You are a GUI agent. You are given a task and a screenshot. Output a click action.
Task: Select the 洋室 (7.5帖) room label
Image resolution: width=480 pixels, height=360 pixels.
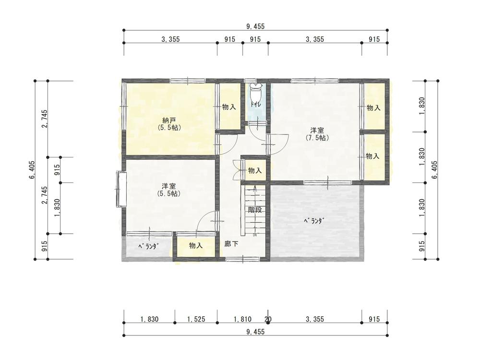point(317,134)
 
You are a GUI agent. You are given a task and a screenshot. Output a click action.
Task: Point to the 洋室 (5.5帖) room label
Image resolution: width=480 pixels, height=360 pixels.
point(168,190)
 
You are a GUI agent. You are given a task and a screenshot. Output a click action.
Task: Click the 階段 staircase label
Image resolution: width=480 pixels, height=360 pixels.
point(255,210)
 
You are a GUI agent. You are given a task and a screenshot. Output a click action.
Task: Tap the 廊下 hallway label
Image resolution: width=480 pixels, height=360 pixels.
point(231,243)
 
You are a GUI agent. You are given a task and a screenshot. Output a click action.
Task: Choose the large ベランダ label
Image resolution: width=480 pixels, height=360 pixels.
point(313,221)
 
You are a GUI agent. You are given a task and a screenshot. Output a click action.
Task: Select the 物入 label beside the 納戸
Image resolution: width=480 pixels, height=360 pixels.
point(229,107)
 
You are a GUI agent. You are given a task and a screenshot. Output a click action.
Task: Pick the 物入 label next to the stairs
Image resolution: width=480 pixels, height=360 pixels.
point(255,170)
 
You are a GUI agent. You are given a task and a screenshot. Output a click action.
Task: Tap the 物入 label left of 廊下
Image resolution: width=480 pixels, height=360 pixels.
point(196,245)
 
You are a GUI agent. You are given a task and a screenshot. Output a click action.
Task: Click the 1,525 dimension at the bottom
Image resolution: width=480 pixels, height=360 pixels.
point(196,319)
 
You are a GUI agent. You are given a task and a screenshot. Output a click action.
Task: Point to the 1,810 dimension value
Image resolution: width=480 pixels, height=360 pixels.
point(242,319)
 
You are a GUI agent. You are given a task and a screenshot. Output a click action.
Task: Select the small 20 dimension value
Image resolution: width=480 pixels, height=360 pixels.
point(268,319)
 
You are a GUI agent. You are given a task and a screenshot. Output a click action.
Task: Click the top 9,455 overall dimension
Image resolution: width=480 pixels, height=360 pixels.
point(255,26)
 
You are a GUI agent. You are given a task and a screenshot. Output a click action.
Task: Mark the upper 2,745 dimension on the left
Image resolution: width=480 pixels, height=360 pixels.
point(45,119)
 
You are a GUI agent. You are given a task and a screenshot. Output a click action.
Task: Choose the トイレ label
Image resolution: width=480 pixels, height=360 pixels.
point(255,104)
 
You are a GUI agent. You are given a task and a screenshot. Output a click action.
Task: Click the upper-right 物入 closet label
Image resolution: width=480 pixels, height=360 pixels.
point(373,108)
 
